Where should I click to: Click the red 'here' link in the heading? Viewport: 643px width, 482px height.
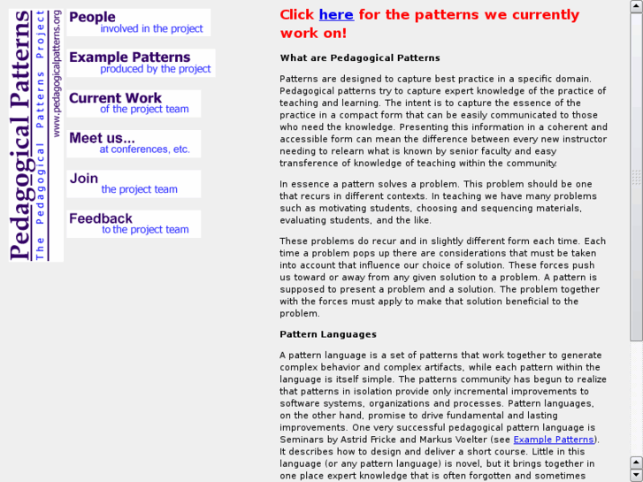coord(336,15)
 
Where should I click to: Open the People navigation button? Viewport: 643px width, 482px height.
coord(138,22)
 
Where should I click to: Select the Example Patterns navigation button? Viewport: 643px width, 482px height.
coord(140,63)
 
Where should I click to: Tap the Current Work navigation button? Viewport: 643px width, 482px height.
coord(133,103)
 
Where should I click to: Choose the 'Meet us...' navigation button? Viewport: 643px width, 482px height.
coord(133,143)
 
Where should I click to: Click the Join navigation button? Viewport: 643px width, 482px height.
coord(133,184)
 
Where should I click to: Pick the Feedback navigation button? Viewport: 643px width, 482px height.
coord(133,224)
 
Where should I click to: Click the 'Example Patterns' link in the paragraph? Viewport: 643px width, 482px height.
coord(554,440)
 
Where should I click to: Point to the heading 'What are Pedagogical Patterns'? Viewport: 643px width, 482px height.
coord(360,58)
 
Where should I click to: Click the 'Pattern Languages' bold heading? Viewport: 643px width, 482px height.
coord(328,334)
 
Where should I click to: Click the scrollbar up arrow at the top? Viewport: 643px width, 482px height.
coord(636,6)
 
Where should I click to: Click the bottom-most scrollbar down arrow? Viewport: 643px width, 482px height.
coord(636,475)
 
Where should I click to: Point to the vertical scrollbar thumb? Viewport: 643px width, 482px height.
coord(636,177)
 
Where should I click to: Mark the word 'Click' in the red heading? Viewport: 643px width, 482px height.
coord(296,15)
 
